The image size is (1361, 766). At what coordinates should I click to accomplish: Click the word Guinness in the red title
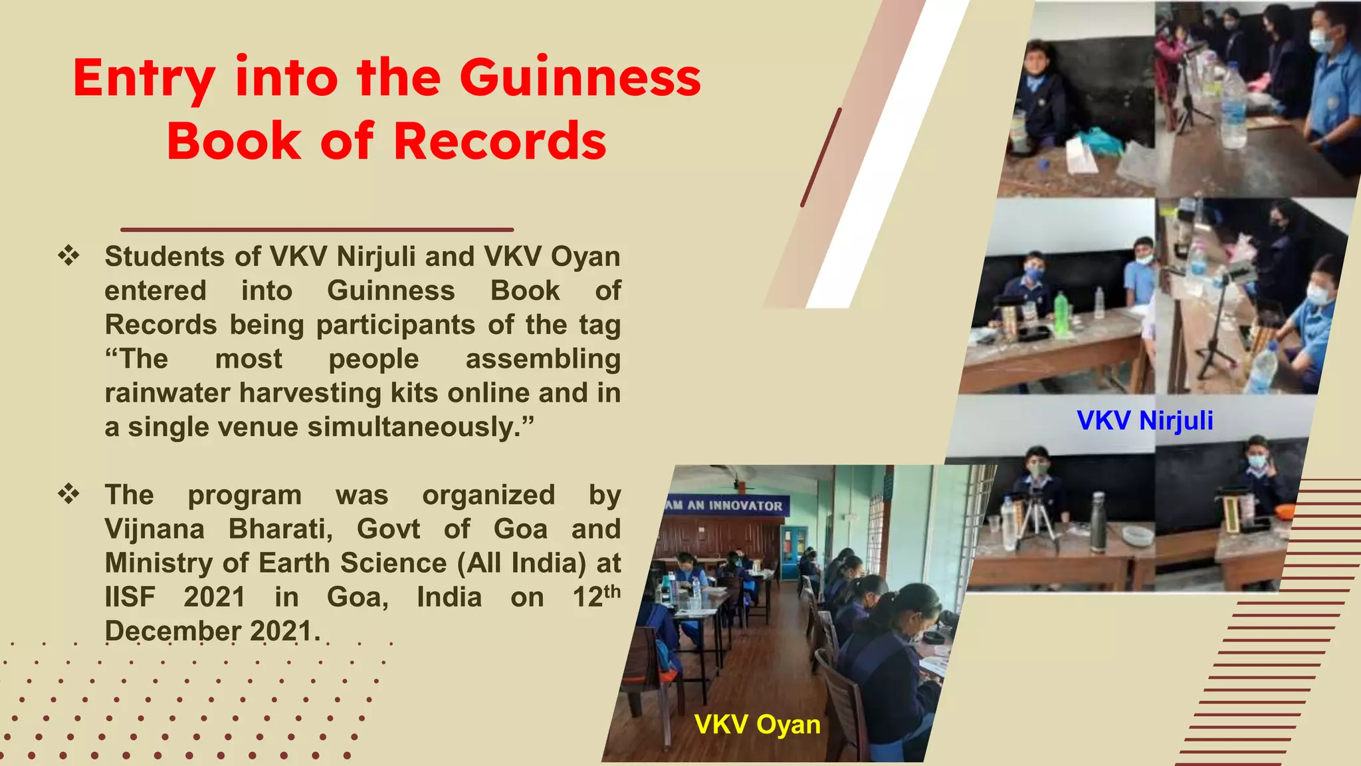pyautogui.click(x=579, y=78)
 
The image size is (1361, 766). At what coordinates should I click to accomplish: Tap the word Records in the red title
pyautogui.click(x=500, y=141)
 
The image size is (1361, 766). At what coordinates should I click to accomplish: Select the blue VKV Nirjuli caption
pyautogui.click(x=1144, y=420)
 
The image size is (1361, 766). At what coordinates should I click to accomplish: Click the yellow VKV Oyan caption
pyautogui.click(x=757, y=724)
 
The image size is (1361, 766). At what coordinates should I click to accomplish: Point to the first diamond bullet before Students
pyautogui.click(x=68, y=256)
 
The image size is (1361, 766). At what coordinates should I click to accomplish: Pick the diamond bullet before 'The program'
pyautogui.click(x=68, y=495)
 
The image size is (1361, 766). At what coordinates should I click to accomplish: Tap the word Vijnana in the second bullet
pyautogui.click(x=155, y=529)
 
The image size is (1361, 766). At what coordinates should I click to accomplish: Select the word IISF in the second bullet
pyautogui.click(x=130, y=597)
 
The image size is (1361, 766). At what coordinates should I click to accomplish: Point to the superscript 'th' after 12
pyautogui.click(x=612, y=590)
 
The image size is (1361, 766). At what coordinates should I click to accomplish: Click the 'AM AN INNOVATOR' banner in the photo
pyautogui.click(x=725, y=505)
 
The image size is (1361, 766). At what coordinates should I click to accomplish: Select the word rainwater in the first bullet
pyautogui.click(x=168, y=393)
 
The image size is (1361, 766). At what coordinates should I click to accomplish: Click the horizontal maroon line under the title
pyautogui.click(x=317, y=229)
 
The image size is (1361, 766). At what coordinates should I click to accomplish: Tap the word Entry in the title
pyautogui.click(x=144, y=78)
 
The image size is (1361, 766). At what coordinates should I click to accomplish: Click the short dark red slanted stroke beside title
pyautogui.click(x=821, y=157)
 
